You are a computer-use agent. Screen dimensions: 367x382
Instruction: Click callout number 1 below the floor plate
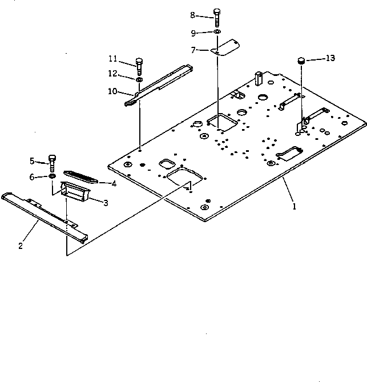295,207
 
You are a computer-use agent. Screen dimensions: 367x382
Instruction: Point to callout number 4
114,183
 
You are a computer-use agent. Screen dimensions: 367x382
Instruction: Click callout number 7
195,50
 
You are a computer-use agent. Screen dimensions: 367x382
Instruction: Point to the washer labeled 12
139,79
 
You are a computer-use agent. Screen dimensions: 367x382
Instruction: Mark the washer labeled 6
53,178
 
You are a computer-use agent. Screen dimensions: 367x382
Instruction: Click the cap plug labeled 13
301,61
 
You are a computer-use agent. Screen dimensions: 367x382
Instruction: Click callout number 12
113,73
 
